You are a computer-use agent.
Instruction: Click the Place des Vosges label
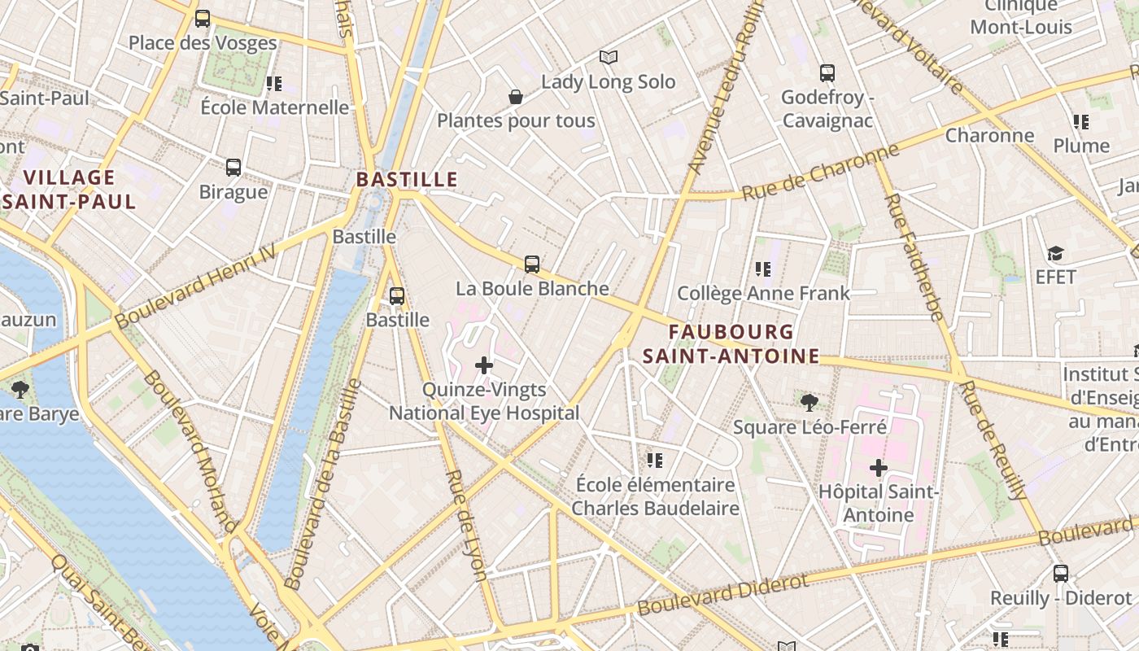pos(203,42)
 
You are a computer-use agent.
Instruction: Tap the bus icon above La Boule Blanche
pos(532,264)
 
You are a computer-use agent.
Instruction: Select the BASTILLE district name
pos(407,179)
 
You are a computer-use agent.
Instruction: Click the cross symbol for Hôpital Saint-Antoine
pos(879,468)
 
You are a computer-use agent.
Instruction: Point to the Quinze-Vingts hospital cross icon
pos(484,365)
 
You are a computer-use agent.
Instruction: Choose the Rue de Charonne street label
pos(821,172)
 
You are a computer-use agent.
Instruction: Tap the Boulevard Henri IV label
pos(195,288)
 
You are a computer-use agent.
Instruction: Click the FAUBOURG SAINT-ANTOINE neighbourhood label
pos(731,343)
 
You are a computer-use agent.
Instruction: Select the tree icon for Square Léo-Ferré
pos(810,401)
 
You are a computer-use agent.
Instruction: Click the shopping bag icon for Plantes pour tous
pos(516,97)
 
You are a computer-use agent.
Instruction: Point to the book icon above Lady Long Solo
pos(609,57)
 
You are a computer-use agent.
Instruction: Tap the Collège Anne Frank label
pos(763,293)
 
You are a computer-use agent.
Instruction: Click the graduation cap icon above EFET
pos(1055,253)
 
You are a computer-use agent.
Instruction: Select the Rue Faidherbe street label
pos(914,256)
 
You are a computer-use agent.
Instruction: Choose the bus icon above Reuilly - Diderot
pos(1061,573)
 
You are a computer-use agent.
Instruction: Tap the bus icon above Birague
pos(233,168)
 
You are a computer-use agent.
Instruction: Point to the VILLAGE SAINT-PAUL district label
pos(69,190)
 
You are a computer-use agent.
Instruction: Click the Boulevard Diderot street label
pos(723,595)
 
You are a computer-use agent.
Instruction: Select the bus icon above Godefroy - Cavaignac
pos(827,73)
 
